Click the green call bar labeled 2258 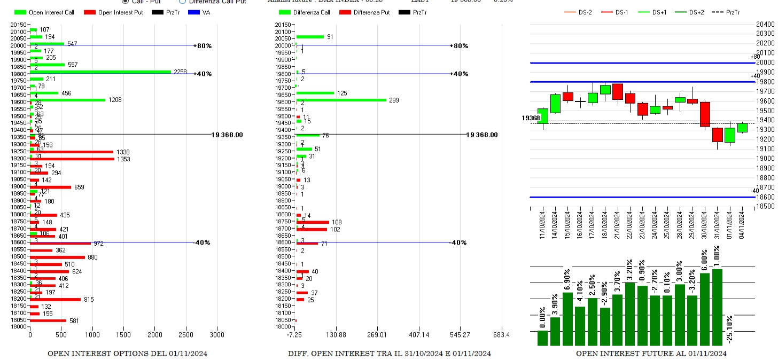click(x=100, y=72)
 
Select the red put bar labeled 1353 click(x=72, y=159)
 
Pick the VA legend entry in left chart click(x=200, y=12)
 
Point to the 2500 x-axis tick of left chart click(x=186, y=335)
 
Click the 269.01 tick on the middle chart click(x=377, y=335)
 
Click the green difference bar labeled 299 click(x=341, y=100)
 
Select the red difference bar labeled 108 click(x=313, y=222)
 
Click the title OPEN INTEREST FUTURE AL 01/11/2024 click(x=651, y=354)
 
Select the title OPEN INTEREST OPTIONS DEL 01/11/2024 click(x=127, y=354)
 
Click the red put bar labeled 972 click(x=60, y=243)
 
